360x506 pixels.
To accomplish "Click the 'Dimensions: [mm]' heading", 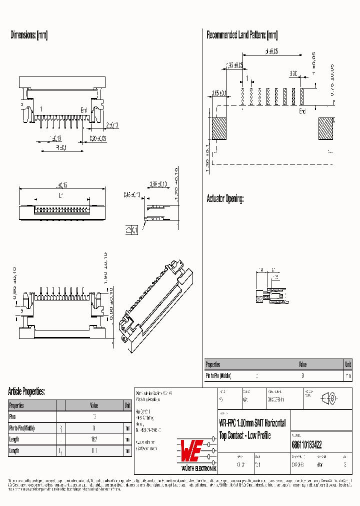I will tap(29, 35).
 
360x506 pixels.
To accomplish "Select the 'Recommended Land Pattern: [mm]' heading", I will tap(242, 35).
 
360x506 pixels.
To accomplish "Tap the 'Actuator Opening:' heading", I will tap(225, 199).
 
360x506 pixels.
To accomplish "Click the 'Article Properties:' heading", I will tap(26, 391).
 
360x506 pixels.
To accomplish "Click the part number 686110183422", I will tap(306, 444).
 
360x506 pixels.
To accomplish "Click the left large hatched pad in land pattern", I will tap(219, 128).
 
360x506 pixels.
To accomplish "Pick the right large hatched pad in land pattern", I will tap(327, 128).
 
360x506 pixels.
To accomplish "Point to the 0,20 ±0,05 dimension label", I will tap(97, 138).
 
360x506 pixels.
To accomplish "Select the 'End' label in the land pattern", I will tap(302, 111).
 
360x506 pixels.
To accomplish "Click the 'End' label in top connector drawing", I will tap(83, 110).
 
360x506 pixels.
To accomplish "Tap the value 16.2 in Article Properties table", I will tap(94, 439).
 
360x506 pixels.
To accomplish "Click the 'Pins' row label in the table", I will tap(13, 416).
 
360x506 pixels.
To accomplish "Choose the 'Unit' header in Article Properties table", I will tap(127, 405).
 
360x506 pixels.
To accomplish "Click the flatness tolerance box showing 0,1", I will tap(132, 230).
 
